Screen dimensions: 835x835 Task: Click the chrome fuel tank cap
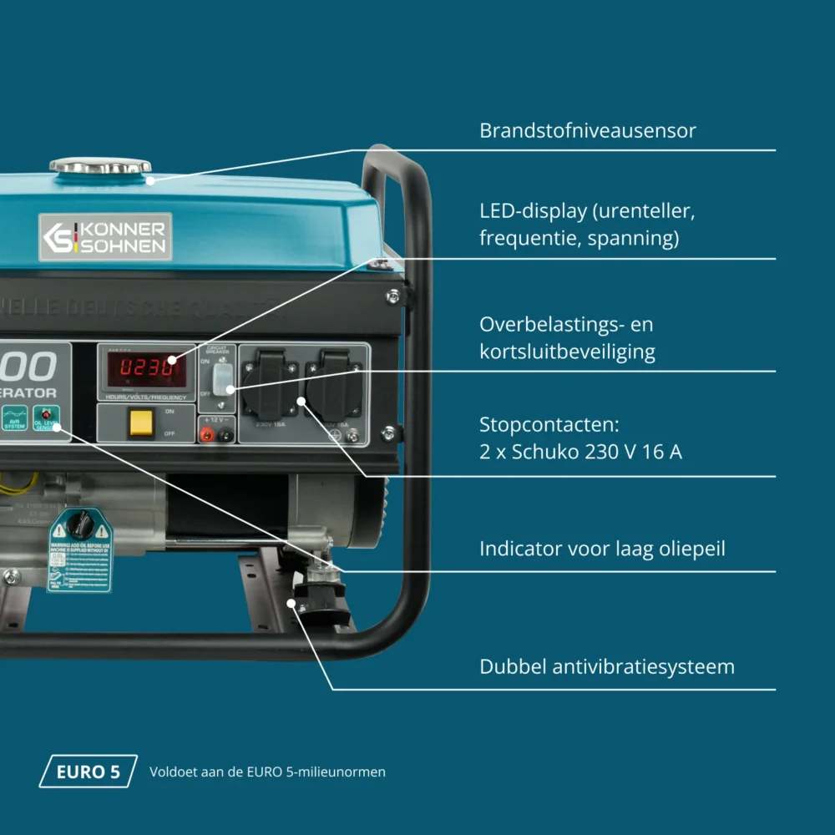tap(100, 165)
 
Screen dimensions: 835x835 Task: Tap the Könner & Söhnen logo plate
tap(105, 236)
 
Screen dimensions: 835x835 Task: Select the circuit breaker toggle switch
tap(220, 379)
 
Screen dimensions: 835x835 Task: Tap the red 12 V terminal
tap(205, 433)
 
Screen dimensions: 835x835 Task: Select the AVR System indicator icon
tap(14, 417)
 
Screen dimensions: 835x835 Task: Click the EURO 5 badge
tap(88, 772)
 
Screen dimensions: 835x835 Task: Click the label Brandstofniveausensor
tap(587, 131)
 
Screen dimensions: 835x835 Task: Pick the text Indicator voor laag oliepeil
tap(602, 549)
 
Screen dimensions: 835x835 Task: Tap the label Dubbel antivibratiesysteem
tap(607, 667)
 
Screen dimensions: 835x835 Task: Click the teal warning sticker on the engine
tap(80, 551)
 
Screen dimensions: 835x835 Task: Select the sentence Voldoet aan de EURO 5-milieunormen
tap(267, 772)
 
